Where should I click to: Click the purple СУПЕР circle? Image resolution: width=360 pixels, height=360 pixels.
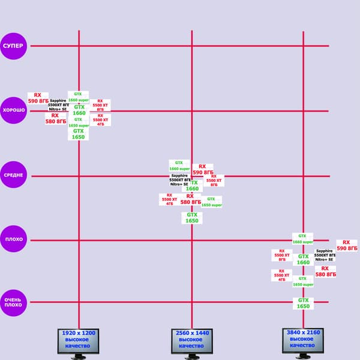pos(13,46)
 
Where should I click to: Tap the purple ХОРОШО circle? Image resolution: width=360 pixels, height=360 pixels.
pos(13,111)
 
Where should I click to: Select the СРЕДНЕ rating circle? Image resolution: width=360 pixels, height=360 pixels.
pos(13,175)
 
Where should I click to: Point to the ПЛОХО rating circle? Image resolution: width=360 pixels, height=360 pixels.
pos(13,239)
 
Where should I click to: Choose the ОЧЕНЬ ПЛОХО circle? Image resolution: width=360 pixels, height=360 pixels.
pos(13,302)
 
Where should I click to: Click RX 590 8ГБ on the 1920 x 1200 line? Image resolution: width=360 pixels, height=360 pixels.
pos(38,98)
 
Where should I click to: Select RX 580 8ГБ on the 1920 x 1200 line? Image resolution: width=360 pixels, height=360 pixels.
pos(55,119)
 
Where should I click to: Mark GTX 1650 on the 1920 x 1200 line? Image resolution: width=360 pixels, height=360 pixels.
pos(79,134)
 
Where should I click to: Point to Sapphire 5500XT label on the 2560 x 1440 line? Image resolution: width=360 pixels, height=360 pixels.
pos(180,179)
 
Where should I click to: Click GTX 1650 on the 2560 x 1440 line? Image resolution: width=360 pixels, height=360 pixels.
pos(192,218)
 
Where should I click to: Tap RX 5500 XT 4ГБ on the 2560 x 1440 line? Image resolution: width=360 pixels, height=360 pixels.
pos(169,199)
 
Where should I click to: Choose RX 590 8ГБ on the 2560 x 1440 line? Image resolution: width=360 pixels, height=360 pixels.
pos(202,169)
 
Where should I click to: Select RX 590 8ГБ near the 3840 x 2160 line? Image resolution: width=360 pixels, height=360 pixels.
pos(346,245)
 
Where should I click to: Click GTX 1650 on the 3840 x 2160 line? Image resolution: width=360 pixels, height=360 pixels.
pos(303,304)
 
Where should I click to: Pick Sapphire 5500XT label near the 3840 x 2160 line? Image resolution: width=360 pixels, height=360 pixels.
pos(325,255)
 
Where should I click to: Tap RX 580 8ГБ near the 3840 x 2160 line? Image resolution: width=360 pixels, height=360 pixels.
pos(325,271)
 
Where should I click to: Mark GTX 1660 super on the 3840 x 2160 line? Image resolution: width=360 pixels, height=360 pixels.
pos(302,239)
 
